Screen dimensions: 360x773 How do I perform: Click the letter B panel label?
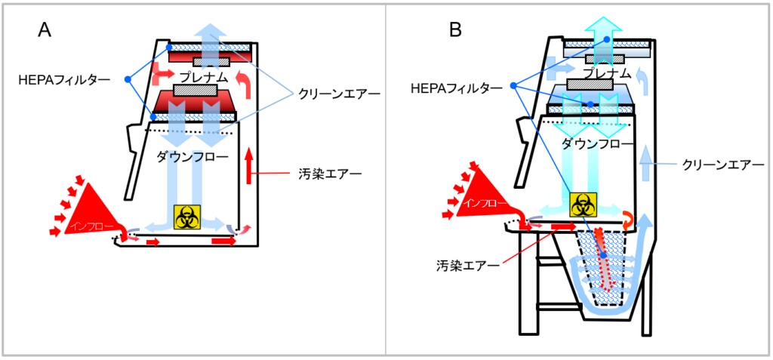(455, 30)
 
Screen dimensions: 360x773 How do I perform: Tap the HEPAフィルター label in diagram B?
(456, 88)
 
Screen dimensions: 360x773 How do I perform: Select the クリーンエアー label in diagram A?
(337, 94)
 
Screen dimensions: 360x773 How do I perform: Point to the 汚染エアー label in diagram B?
(467, 265)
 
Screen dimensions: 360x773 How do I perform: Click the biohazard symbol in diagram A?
(186, 216)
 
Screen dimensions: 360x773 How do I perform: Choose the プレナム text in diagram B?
(606, 73)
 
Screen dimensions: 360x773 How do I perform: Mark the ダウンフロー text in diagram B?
(596, 143)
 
